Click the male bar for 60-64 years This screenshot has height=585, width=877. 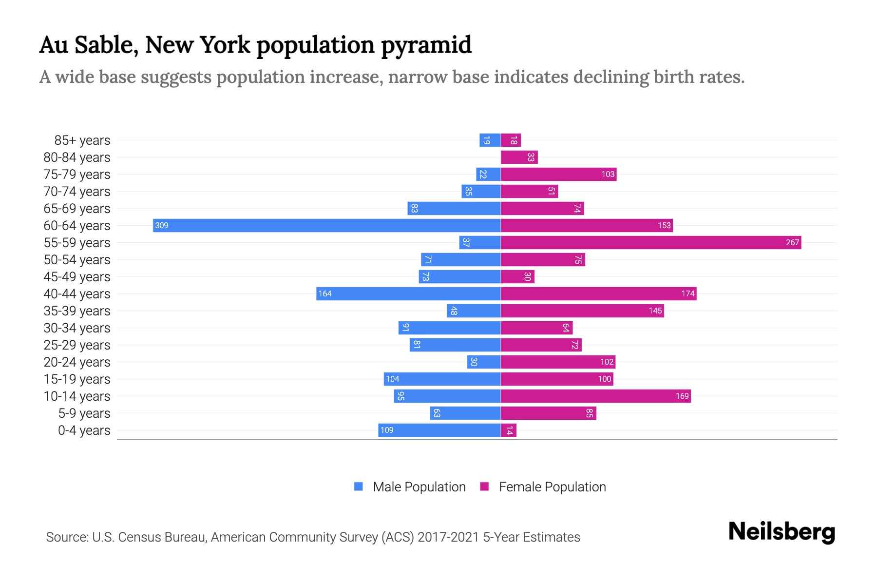(x=326, y=225)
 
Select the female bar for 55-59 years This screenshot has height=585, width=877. (x=651, y=242)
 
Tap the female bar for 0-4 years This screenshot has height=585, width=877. (x=509, y=430)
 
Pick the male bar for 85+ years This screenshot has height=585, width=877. (x=490, y=140)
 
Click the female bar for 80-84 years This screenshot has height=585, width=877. (x=519, y=157)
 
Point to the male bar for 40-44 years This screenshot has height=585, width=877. (x=408, y=293)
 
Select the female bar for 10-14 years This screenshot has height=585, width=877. (x=595, y=396)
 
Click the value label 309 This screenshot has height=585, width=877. (x=162, y=225)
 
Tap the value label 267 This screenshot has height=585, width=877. (x=792, y=242)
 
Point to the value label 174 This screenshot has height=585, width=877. (x=687, y=293)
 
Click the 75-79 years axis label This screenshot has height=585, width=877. (x=77, y=175)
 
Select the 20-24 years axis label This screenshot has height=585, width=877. (x=77, y=362)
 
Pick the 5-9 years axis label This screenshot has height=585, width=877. (x=84, y=413)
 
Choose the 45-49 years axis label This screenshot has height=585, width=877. (x=77, y=277)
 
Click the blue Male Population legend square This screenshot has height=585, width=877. (x=359, y=487)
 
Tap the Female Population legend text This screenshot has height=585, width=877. (x=552, y=487)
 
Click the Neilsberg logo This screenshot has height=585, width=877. (x=782, y=532)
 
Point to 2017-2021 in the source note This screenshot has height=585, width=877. (x=448, y=537)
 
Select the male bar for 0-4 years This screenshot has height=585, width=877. (x=439, y=430)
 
